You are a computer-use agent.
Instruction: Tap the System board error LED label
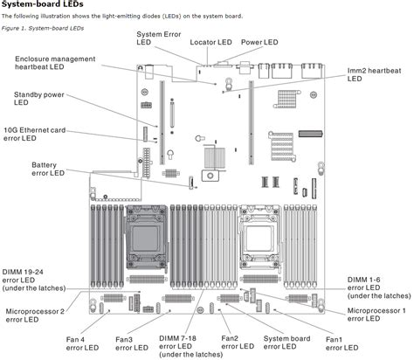(x=286, y=343)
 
